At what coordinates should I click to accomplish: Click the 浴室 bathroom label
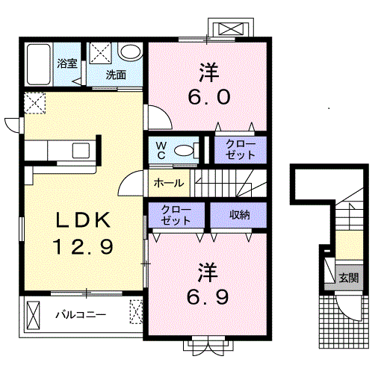[x=67, y=63]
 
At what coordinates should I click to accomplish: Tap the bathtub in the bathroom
[x=39, y=64]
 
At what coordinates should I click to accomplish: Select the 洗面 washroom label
[x=116, y=75]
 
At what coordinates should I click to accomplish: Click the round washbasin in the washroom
[x=130, y=52]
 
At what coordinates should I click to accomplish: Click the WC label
[x=161, y=150]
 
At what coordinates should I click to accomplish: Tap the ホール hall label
[x=169, y=183]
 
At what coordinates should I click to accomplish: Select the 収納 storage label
[x=239, y=215]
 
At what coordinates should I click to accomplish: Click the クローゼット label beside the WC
[x=241, y=149]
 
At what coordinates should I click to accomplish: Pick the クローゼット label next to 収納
[x=176, y=215]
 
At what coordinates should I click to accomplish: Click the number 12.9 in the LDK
[x=83, y=246]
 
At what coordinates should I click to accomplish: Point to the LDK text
[x=84, y=220]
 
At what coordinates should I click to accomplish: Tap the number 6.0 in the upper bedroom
[x=209, y=97]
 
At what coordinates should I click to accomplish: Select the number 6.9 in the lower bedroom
[x=208, y=297]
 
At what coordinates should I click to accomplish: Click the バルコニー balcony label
[x=81, y=315]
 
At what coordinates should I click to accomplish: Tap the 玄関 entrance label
[x=349, y=278]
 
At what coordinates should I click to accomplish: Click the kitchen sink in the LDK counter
[x=81, y=151]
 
